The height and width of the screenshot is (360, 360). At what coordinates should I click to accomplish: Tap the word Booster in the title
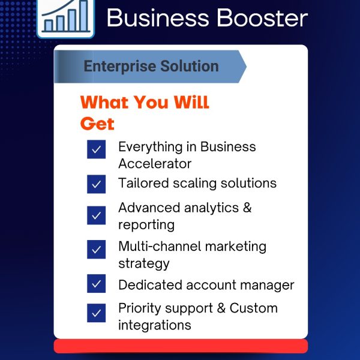tap(258, 18)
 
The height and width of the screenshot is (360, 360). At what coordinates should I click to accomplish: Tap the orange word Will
tap(191, 102)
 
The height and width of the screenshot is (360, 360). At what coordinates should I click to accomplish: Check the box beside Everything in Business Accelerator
tap(96, 149)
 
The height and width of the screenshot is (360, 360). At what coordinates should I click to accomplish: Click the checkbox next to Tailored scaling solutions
tap(96, 184)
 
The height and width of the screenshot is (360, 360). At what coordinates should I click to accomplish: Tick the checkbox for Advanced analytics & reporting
tap(96, 215)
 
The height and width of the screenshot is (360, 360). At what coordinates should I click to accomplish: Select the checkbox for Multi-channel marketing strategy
tap(96, 250)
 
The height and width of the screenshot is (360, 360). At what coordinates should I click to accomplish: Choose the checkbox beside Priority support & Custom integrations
tap(96, 313)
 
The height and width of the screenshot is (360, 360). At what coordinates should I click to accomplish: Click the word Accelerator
tap(154, 164)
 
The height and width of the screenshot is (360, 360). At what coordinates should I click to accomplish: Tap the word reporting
tap(146, 225)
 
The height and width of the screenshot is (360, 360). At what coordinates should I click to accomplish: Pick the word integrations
tap(155, 325)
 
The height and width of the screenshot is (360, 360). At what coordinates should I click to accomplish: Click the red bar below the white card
tap(180, 346)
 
